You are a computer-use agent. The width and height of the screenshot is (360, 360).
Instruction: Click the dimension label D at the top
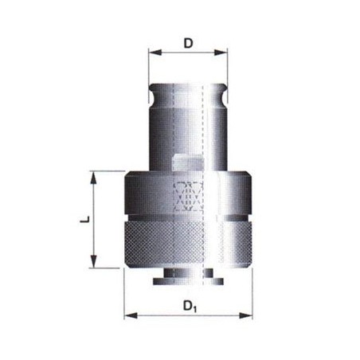pyautogui.click(x=188, y=44)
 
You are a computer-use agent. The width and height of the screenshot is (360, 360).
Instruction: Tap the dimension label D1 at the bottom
pyautogui.click(x=190, y=307)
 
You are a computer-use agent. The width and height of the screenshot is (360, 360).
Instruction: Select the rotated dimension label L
pyautogui.click(x=84, y=220)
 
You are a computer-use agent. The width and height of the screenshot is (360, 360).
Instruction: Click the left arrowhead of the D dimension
pyautogui.click(x=155, y=53)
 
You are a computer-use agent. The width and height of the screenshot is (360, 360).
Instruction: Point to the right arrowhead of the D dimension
pyautogui.click(x=221, y=53)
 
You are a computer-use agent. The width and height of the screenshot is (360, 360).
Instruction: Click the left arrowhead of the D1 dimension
pyautogui.click(x=131, y=315)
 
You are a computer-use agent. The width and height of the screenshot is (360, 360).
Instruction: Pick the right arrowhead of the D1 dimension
pyautogui.click(x=246, y=315)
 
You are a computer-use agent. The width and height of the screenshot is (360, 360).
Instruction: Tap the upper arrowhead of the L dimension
pyautogui.click(x=93, y=178)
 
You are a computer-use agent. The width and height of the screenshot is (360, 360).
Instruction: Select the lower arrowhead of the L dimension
pyautogui.click(x=93, y=261)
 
